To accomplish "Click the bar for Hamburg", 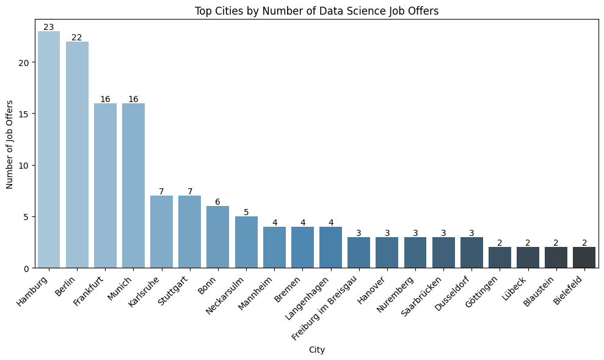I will point(49,150).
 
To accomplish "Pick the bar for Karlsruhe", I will point(162,232).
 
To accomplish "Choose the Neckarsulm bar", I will point(246,242).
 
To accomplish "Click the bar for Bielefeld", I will point(584,257).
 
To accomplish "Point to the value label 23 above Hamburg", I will point(49,27).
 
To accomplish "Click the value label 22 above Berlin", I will point(77,37).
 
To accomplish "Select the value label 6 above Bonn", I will point(218,202).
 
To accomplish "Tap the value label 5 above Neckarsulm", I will point(246,212).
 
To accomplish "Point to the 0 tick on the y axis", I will point(29,268).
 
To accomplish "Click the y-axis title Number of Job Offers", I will point(10,144).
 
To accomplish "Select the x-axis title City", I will point(316,350).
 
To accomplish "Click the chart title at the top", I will point(316,10).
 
